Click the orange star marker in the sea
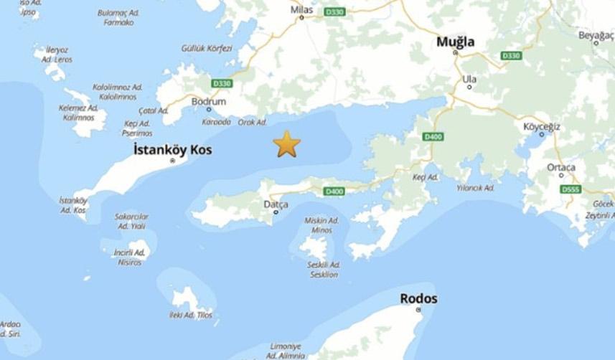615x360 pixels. [286, 144]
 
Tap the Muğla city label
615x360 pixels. [456, 42]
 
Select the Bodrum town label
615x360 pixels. [209, 102]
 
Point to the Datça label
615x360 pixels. [276, 204]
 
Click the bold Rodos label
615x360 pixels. [418, 298]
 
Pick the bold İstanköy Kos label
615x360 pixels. [172, 150]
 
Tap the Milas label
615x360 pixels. [301, 9]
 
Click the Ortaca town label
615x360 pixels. [561, 167]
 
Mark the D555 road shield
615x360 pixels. [571, 189]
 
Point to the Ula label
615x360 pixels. [469, 78]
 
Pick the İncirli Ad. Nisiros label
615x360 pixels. [130, 257]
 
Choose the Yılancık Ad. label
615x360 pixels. [476, 188]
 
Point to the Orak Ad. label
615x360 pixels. [252, 122]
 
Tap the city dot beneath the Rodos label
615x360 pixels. [418, 310]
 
